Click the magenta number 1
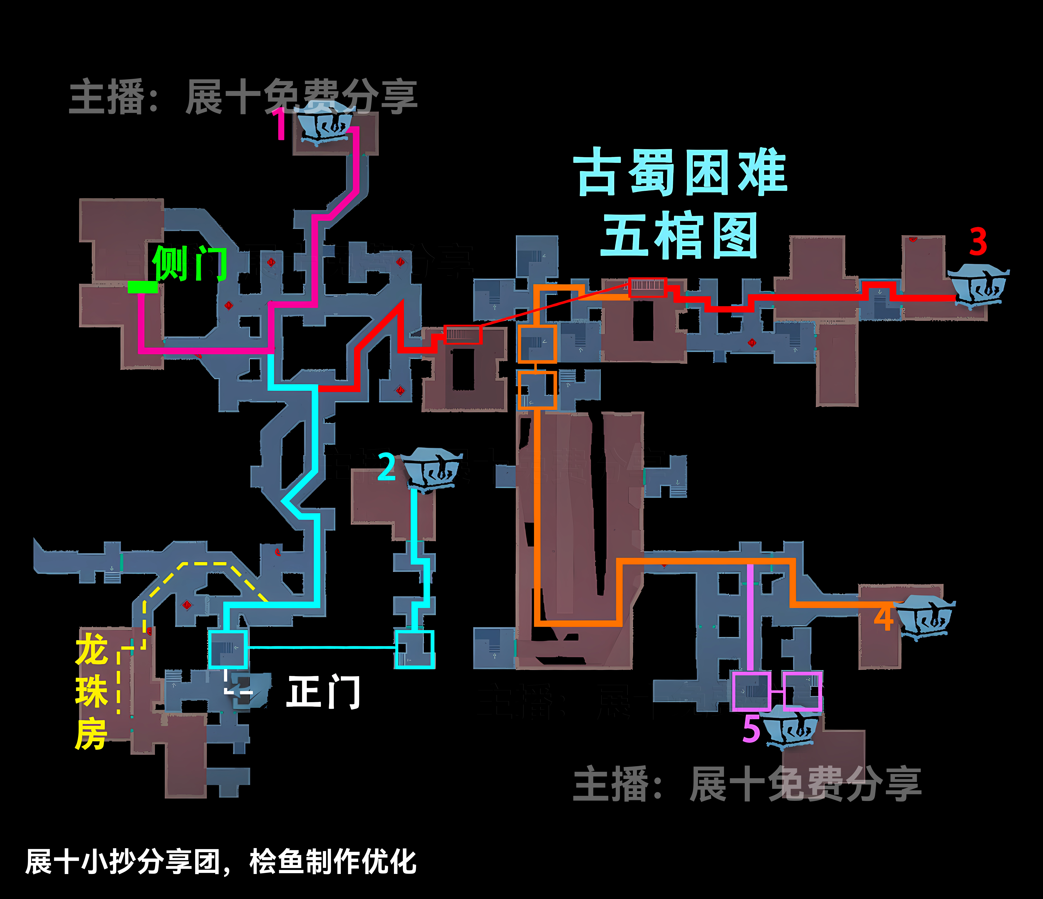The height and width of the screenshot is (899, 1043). (x=280, y=124)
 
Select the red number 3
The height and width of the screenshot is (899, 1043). (x=978, y=242)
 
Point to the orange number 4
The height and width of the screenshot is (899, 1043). (x=884, y=618)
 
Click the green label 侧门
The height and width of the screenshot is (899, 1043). (x=190, y=263)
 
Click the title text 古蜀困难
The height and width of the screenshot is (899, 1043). (x=681, y=172)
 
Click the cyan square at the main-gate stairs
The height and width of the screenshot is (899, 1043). (x=228, y=649)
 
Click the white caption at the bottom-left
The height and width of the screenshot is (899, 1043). (x=220, y=862)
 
